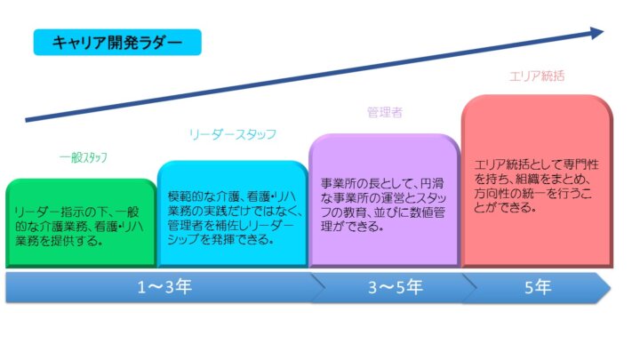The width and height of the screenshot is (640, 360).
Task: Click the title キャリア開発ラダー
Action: (x=117, y=42)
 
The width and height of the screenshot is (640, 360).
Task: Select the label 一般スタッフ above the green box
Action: (x=83, y=157)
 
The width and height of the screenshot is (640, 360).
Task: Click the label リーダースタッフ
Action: (x=233, y=134)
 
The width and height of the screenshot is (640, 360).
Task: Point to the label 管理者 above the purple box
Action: (x=385, y=113)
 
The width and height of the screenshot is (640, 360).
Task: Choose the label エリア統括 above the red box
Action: (x=536, y=76)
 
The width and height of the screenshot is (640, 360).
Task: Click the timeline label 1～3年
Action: (x=164, y=287)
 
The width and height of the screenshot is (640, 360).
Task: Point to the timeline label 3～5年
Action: (x=386, y=287)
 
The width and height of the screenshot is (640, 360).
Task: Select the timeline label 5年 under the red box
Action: (x=537, y=287)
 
